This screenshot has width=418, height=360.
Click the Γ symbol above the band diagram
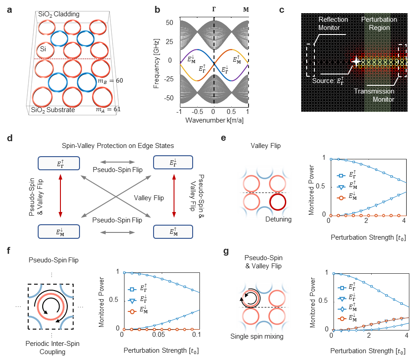[x=214, y=10]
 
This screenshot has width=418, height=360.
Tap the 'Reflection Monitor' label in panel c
[x=333, y=24]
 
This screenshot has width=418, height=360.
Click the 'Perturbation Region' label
[x=378, y=24]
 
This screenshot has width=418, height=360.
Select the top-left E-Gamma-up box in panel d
[x=59, y=163]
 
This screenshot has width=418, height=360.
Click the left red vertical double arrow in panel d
[x=59, y=197]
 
